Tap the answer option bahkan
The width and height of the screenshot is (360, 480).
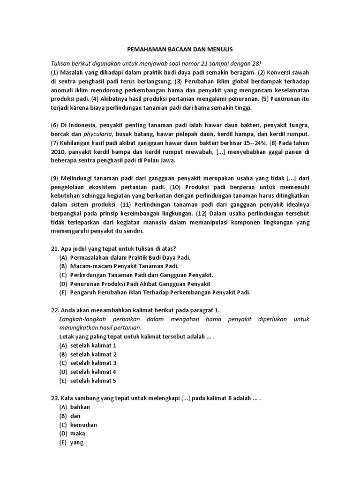(x=80, y=407)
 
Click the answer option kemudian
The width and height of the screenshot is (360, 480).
(x=84, y=425)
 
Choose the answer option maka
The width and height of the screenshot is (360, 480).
(x=78, y=434)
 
